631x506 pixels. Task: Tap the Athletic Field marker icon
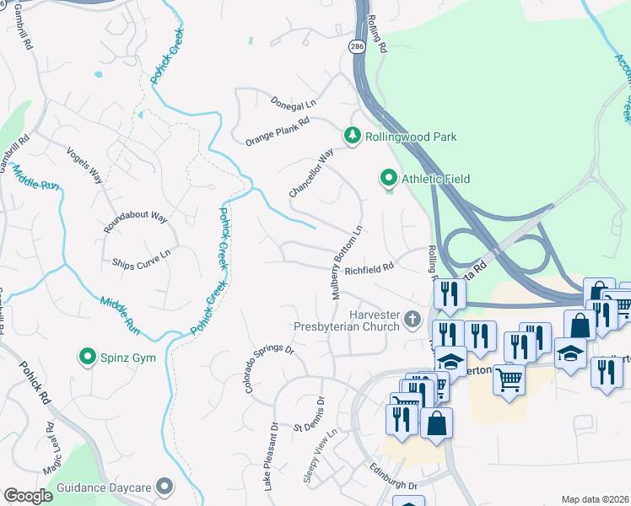[388, 178]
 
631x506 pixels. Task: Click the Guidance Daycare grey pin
[164, 487]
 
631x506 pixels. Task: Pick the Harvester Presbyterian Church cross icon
[412, 318]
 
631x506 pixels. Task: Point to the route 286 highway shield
[357, 48]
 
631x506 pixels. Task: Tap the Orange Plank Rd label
[278, 131]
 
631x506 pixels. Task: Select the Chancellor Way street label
[311, 173]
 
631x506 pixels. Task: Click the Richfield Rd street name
[369, 269]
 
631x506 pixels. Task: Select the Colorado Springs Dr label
[268, 369]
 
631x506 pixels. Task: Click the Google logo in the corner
[28, 496]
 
